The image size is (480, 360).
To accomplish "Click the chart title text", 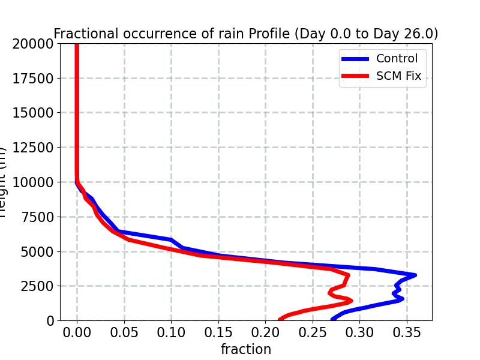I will coord(245,34).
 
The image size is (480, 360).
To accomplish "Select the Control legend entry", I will coord(396,59).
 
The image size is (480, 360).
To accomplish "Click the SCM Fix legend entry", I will coord(398,76).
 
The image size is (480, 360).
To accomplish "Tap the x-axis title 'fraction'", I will coord(245,349).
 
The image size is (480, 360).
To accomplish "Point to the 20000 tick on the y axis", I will coord(32,43).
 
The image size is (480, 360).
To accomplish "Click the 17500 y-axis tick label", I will coord(32,78).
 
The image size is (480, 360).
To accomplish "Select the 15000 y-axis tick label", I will coord(32,113).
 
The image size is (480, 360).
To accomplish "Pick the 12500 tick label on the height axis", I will coord(32,148).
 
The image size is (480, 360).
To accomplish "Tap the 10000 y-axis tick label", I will coord(32,182).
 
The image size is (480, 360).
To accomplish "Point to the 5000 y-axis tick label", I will coord(36,251).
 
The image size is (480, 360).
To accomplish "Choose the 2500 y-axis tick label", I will coord(36,286).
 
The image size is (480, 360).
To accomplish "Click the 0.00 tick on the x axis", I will coord(77,332).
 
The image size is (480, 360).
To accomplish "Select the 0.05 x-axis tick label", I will coord(124,332).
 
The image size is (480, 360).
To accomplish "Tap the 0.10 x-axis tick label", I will coord(171,332).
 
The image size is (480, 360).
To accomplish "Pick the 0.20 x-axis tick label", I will coord(265,332).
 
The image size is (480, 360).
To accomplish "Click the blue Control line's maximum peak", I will coord(415,275).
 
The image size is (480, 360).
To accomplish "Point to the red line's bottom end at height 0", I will coord(280,319).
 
